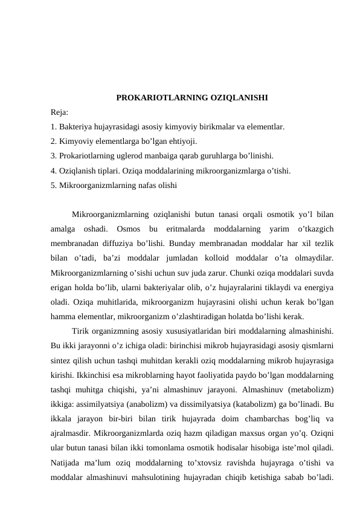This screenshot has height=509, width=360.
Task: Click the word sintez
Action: pyautogui.click(x=62, y=359)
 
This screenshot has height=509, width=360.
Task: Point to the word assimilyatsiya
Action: pyautogui.click(x=101, y=403)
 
